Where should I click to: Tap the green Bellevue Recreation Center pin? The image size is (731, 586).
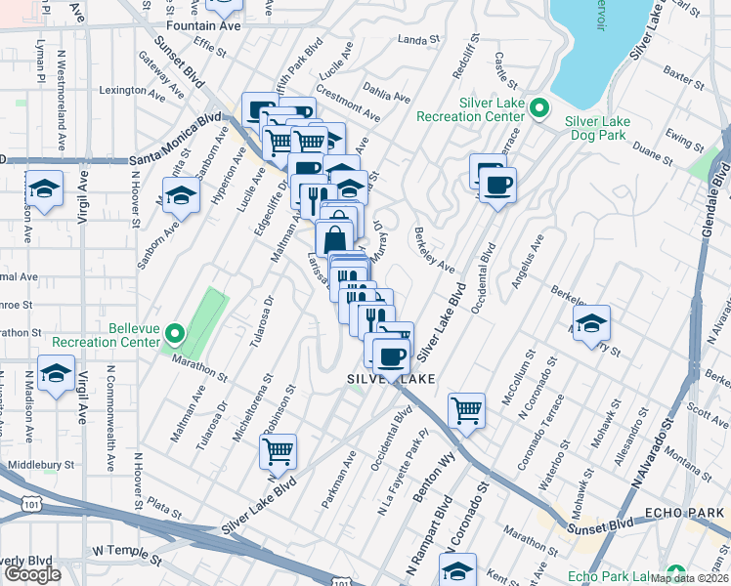coord(175,334)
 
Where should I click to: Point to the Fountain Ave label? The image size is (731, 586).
coord(203,24)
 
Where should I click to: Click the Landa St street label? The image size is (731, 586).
coord(420,40)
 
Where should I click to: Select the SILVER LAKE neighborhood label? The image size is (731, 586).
coord(388,378)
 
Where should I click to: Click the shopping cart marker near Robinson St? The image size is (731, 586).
coord(279,452)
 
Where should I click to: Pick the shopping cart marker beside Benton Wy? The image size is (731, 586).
coord(467,410)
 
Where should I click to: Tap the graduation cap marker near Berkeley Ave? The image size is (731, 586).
coord(590,324)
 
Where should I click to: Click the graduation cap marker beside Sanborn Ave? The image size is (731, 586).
coord(181,196)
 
